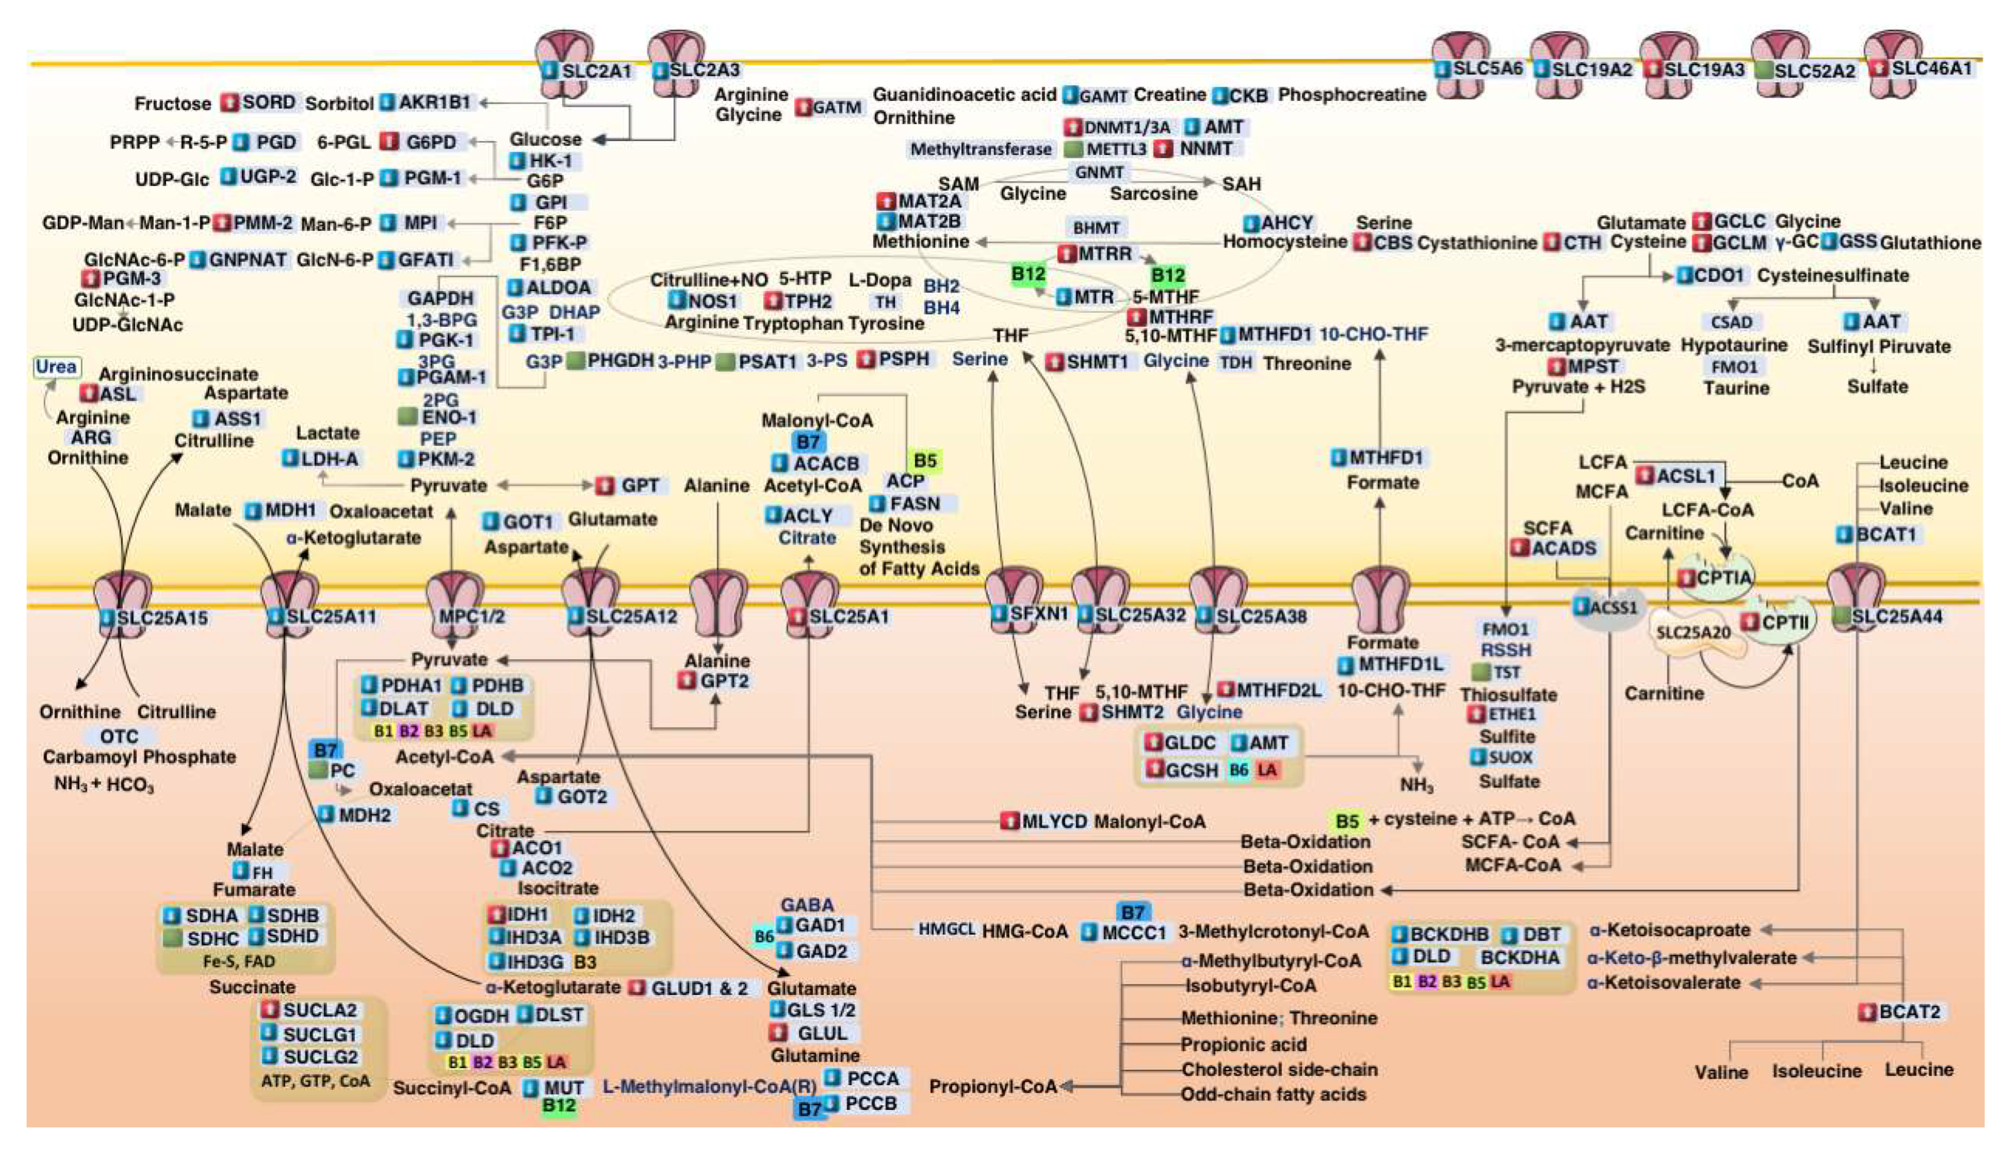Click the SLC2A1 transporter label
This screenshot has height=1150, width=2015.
(x=596, y=71)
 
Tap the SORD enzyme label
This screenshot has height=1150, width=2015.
(x=268, y=103)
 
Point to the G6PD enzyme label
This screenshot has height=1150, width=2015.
(x=430, y=142)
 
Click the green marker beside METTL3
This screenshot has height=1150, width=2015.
(x=1073, y=148)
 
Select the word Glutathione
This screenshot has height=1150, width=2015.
(x=1930, y=243)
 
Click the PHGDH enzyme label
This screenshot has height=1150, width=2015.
(x=620, y=360)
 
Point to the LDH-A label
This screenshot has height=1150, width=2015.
(x=330, y=458)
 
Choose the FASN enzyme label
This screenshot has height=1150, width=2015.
(x=914, y=503)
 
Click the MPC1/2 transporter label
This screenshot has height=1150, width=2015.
(x=471, y=616)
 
